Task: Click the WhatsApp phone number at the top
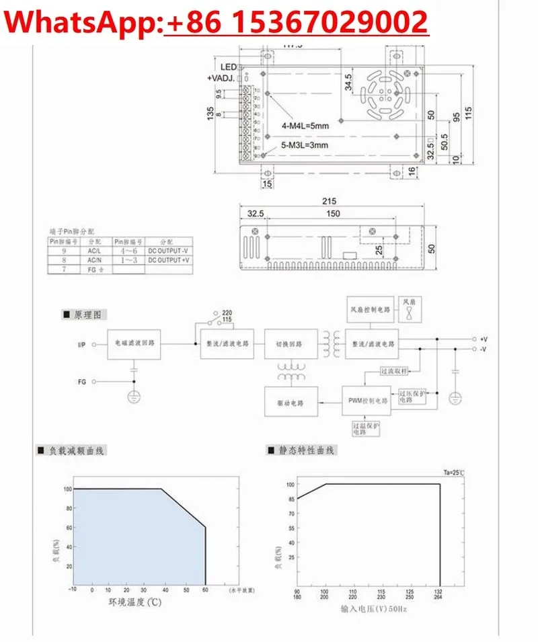(296, 22)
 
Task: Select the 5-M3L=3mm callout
(305, 145)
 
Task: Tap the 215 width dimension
(329, 201)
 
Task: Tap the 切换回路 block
(289, 343)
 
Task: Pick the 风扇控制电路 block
(369, 309)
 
